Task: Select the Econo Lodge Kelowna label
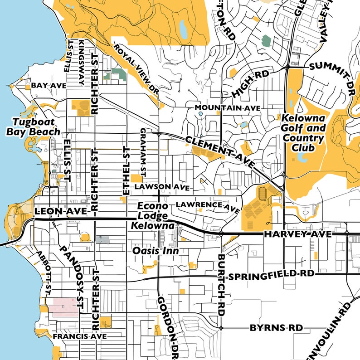pos(153,215)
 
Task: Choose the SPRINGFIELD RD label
pos(272,275)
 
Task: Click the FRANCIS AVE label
pos(79,337)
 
